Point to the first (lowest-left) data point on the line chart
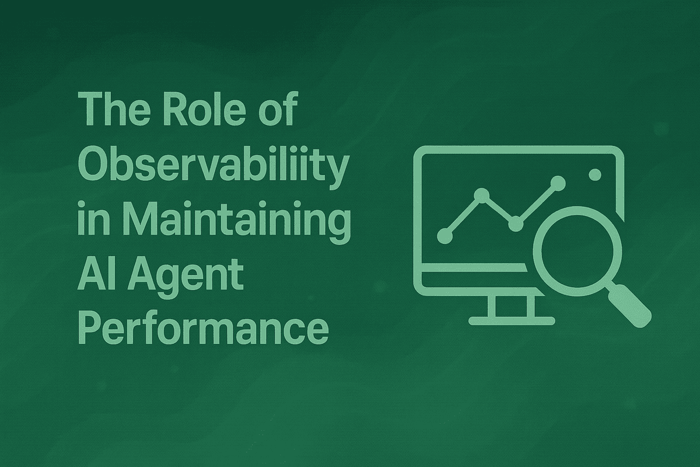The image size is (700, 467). coord(444,235)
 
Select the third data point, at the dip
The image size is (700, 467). coord(515,223)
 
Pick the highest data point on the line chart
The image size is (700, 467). coord(558,183)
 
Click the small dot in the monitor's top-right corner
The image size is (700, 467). coord(596,174)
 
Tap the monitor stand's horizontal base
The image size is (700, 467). coord(512,320)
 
